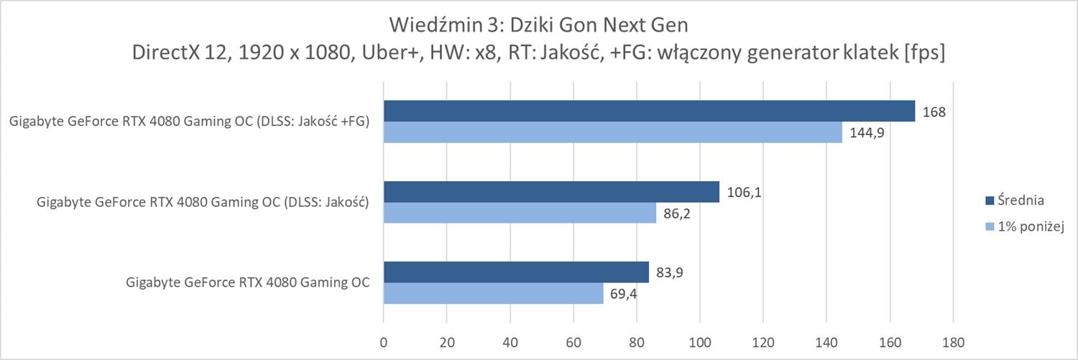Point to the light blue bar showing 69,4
coord(493,293)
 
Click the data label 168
coord(934,112)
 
